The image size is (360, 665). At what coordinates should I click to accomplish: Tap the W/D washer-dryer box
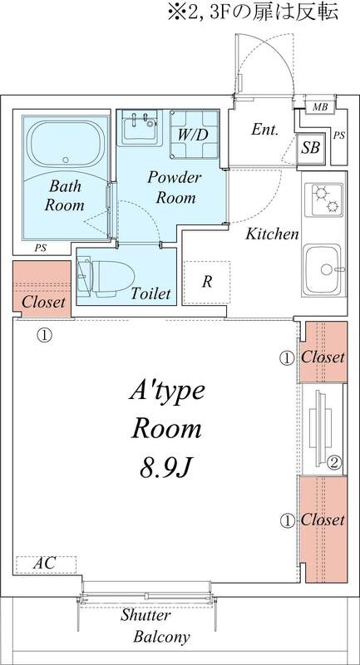[x=195, y=135]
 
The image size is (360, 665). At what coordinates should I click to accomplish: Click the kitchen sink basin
[x=323, y=269]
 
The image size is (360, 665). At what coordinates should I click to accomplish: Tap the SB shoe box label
[x=310, y=149]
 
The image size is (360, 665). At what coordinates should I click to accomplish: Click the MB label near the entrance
[x=320, y=107]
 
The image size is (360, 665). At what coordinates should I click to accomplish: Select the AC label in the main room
[x=45, y=564]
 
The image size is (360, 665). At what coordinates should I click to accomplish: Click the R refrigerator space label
[x=207, y=282]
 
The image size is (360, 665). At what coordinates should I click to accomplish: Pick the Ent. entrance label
[x=264, y=130]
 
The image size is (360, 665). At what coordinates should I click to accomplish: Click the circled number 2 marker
[x=334, y=463]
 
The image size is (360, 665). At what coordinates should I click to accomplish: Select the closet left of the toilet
[x=42, y=288]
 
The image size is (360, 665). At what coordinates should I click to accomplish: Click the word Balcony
[x=161, y=637]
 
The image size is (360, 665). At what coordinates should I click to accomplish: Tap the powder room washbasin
[x=140, y=126]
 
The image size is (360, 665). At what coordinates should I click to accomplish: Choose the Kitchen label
[x=273, y=234]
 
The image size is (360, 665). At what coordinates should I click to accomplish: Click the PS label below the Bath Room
[x=41, y=249]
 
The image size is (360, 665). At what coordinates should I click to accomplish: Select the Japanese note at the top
[x=253, y=12]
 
